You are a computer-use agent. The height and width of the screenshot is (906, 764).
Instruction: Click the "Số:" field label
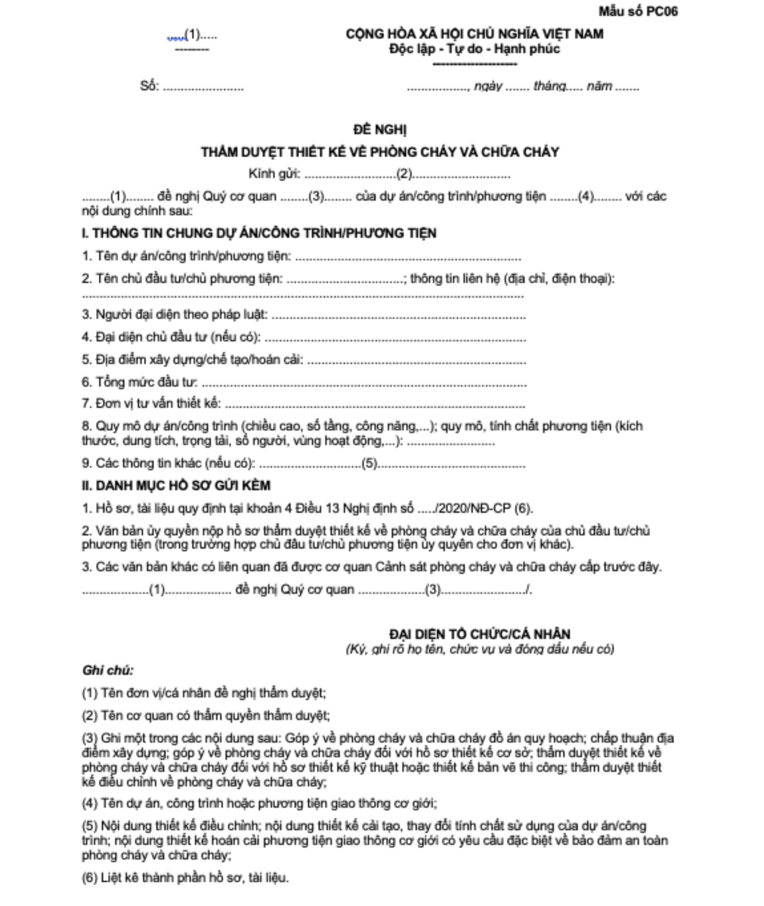pyautogui.click(x=149, y=86)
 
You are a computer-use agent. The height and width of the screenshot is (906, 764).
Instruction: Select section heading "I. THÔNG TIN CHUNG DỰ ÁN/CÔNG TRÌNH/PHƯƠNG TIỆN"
pyautogui.click(x=258, y=233)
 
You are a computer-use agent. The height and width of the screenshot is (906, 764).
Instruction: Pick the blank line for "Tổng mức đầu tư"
pyautogui.click(x=363, y=384)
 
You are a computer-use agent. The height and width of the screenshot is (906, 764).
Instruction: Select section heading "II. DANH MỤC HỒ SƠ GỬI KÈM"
pyautogui.click(x=175, y=486)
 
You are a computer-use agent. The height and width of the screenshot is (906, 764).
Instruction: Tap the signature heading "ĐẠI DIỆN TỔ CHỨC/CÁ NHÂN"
pyautogui.click(x=480, y=634)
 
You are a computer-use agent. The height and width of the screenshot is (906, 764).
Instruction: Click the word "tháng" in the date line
pyautogui.click(x=549, y=87)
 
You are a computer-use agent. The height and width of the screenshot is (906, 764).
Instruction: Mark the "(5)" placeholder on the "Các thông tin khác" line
pyautogui.click(x=370, y=464)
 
